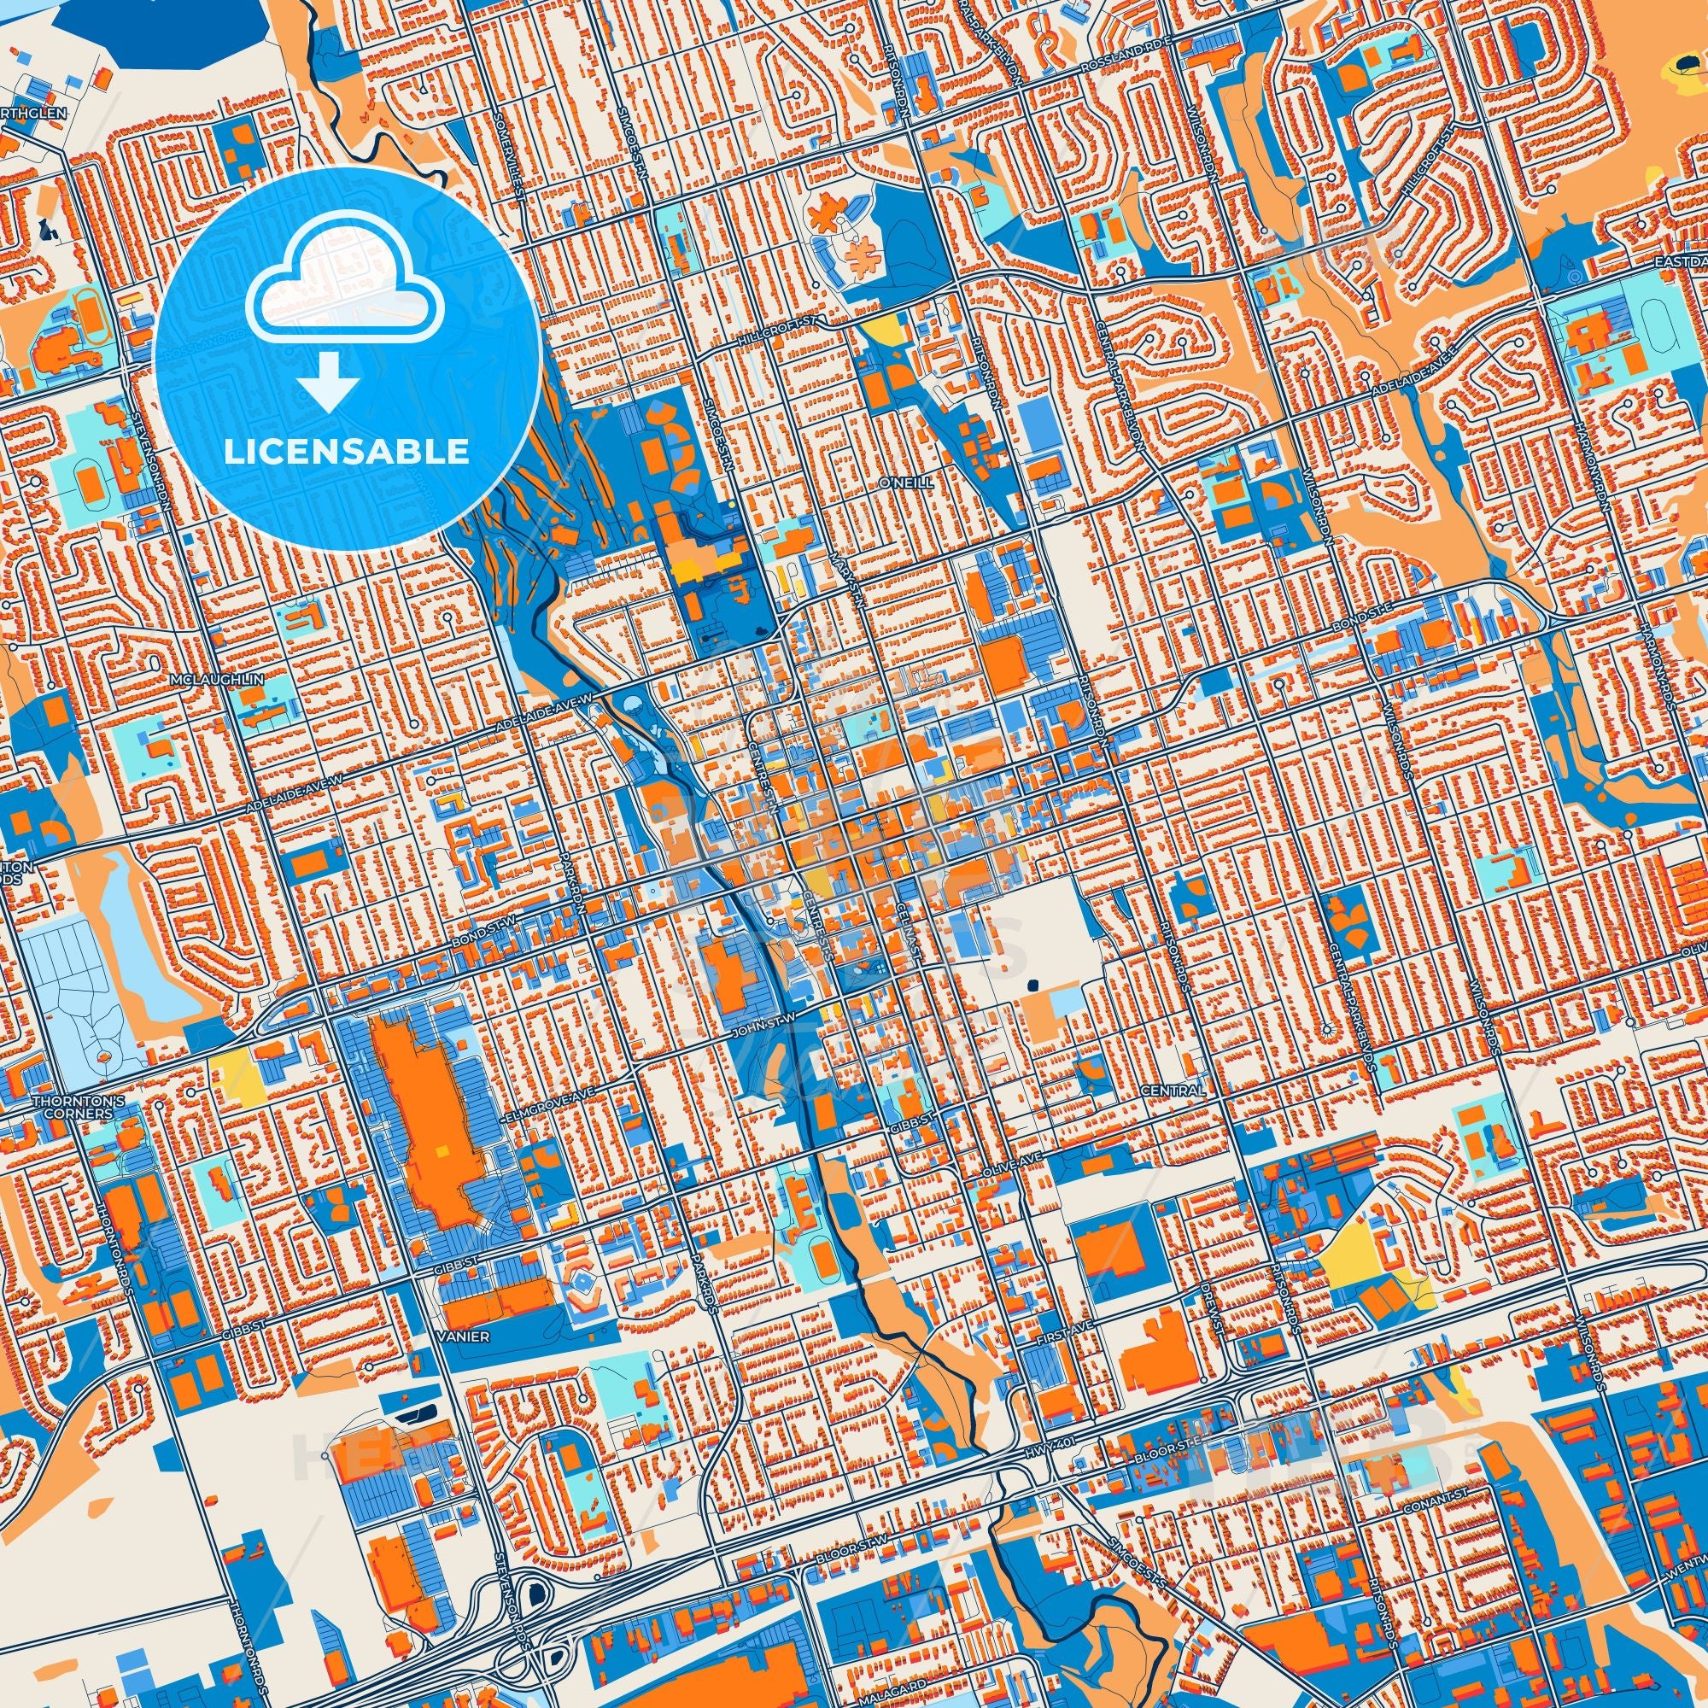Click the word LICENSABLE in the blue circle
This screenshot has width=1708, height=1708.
pos(346,451)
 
